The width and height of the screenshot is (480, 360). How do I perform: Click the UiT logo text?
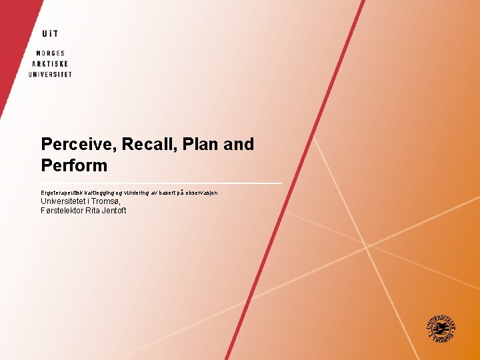[49, 33]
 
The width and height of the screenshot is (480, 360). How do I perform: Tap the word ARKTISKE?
[49, 63]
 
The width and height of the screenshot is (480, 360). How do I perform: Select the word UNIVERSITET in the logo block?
[49, 74]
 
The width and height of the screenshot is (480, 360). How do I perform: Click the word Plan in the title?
[200, 145]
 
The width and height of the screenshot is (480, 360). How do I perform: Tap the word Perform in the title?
[74, 165]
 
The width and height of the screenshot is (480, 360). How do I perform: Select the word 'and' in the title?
[239, 145]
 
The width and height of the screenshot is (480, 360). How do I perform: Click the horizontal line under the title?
[161, 183]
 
